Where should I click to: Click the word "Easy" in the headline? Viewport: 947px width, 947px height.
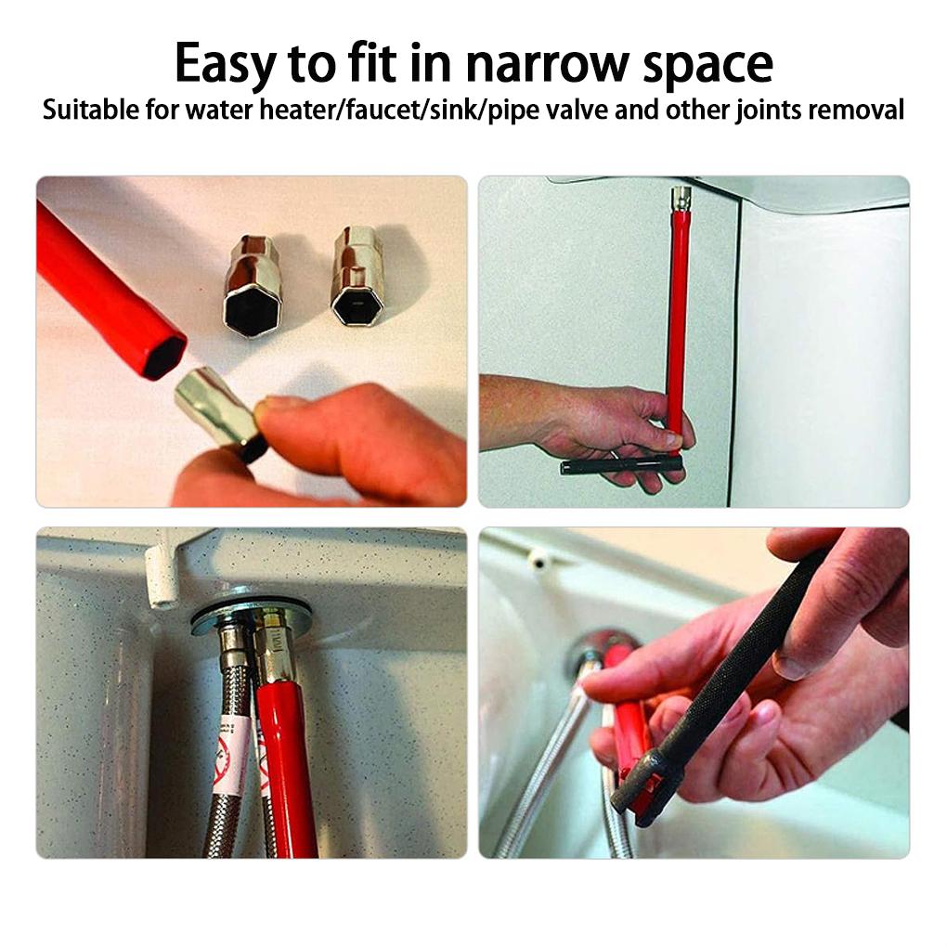coord(224,64)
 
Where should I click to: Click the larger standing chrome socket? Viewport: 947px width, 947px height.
coord(252,286)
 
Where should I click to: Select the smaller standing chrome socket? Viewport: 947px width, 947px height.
coord(357,276)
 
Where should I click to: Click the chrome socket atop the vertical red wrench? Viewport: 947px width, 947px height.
coord(681,198)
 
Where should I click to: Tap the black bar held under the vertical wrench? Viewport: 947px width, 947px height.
coord(620,464)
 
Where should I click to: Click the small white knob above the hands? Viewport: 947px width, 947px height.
coord(536,558)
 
